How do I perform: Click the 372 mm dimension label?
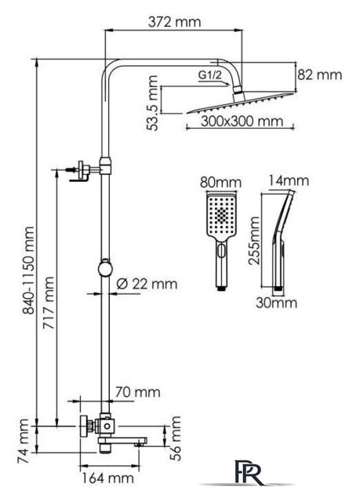(175, 22)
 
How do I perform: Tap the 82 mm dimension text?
(320, 75)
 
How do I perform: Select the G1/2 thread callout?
(210, 75)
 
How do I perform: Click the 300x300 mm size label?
(242, 122)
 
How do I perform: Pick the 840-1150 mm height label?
(28, 270)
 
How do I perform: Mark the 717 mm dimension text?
(49, 303)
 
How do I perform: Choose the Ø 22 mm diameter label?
(147, 284)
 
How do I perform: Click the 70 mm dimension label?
(137, 392)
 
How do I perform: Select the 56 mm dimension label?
(176, 438)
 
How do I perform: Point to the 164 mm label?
(107, 478)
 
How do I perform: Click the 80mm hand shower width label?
(220, 183)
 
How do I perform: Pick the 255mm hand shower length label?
(255, 241)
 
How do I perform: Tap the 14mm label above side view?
(289, 181)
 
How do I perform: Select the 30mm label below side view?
(277, 303)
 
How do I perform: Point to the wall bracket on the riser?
(82, 170)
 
